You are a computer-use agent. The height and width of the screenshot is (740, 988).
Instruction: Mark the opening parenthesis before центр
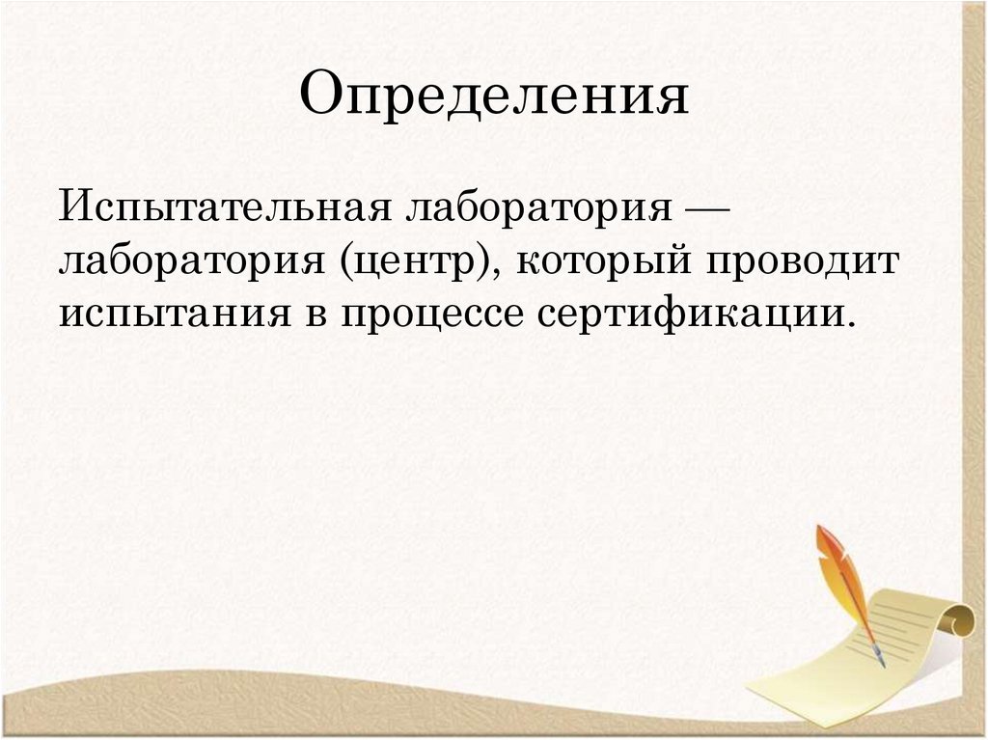pos(343,262)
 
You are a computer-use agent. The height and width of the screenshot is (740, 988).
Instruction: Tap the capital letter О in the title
pos(318,96)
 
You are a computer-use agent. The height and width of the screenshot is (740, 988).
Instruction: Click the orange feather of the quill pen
pos(837,569)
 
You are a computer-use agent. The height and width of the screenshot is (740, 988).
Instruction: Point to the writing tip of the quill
pos(882,664)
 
